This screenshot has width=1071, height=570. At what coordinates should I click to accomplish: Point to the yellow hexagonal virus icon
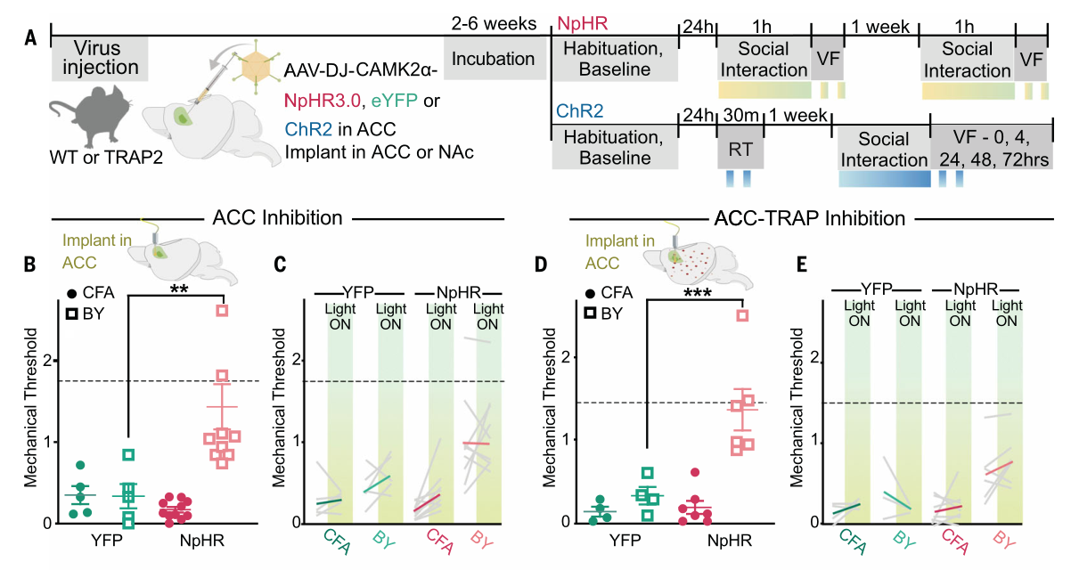pyautogui.click(x=258, y=66)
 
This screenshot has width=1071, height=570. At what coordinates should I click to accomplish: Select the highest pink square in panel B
pyautogui.click(x=222, y=310)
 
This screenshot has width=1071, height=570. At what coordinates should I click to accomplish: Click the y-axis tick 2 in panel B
pyautogui.click(x=48, y=361)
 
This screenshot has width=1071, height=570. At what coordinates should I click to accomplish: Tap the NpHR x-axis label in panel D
pyautogui.click(x=731, y=539)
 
